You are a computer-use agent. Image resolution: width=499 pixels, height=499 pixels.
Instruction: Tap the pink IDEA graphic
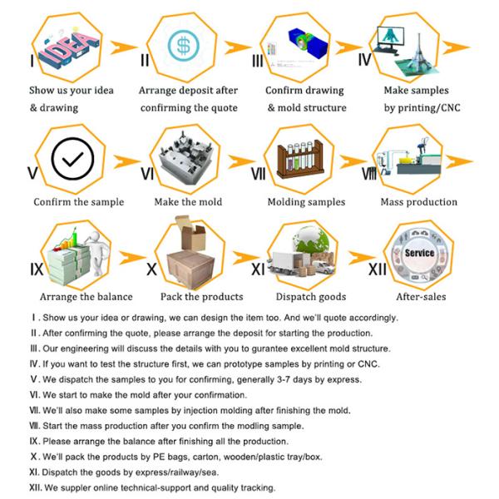tap(63, 45)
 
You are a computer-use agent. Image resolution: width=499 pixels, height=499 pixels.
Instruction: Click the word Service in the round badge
tap(419, 252)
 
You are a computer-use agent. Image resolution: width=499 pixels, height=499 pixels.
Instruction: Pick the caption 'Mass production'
tap(418, 202)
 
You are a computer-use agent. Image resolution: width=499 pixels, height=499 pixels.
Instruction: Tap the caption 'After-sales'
tap(421, 297)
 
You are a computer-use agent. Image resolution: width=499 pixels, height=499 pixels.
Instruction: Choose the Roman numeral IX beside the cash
tap(37, 269)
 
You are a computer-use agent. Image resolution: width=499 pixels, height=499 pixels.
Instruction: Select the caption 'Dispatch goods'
tap(312, 297)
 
